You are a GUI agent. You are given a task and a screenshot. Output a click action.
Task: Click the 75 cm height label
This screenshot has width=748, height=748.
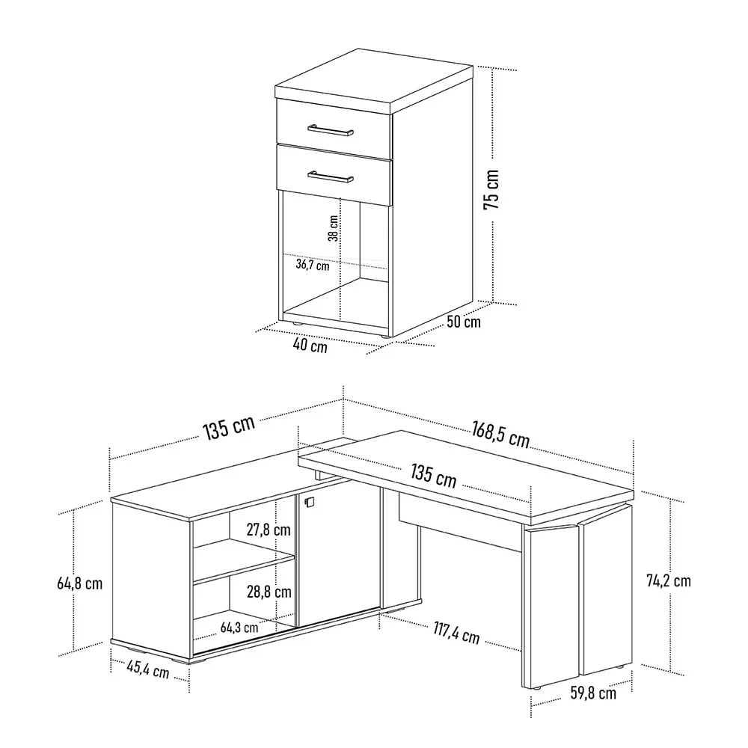click(491, 189)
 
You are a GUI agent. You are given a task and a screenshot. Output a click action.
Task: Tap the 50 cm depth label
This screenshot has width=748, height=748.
click(464, 322)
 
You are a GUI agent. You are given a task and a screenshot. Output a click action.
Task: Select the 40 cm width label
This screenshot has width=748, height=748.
click(310, 345)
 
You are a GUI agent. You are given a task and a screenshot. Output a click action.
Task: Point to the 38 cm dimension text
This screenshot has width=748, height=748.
click(334, 228)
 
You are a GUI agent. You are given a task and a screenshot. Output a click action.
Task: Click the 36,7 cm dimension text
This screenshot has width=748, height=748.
click(313, 264)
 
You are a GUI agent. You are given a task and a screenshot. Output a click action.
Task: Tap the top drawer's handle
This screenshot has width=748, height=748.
click(330, 130)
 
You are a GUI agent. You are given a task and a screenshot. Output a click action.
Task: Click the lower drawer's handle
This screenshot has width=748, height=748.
click(330, 177)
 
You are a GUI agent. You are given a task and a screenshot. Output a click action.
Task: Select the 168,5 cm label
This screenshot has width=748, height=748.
click(501, 435)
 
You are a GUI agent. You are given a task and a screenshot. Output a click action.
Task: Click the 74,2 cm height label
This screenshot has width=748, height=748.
click(668, 580)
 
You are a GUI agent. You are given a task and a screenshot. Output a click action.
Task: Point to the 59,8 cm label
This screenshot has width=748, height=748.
click(593, 693)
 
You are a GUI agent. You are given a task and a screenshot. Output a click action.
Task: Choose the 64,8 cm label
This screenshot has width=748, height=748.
click(80, 583)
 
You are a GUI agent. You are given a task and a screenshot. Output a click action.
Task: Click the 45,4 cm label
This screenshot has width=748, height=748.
click(148, 669)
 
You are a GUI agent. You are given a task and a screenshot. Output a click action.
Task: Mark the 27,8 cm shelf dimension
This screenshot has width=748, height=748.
click(269, 530)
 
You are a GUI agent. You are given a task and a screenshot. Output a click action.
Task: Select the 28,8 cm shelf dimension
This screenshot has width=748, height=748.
click(269, 592)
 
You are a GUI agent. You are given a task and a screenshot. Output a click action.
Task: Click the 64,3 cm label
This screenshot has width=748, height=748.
click(239, 628)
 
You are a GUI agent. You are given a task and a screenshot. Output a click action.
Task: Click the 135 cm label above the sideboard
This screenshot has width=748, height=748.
click(229, 428)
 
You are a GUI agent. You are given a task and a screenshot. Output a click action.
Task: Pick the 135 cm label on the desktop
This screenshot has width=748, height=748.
click(434, 476)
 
